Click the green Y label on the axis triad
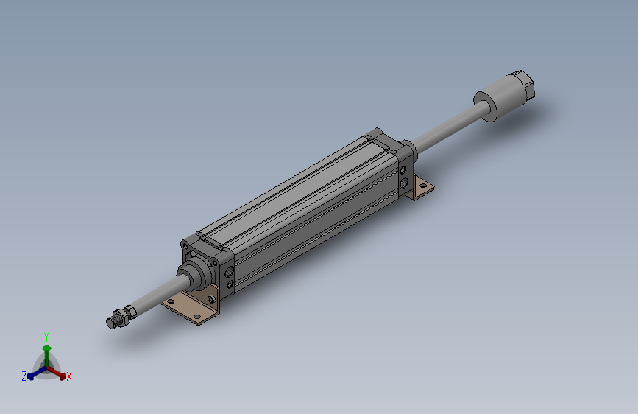46,337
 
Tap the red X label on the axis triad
68,376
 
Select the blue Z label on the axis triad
24,376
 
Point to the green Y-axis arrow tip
47,348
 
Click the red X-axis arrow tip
63,376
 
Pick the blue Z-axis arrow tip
30,377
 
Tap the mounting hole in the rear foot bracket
424,186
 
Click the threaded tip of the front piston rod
113,322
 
